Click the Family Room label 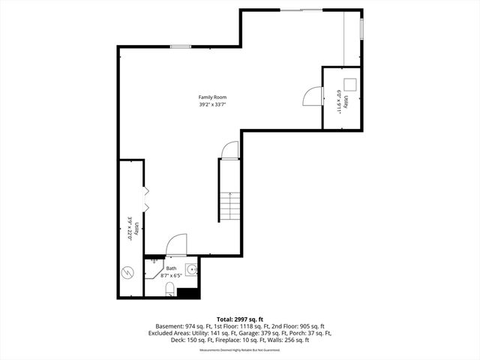coord(212,97)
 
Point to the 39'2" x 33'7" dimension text coord(212,105)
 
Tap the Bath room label coord(172,268)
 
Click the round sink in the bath coord(192,269)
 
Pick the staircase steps coord(229,205)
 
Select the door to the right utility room coord(311,97)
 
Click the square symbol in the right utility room coord(350,84)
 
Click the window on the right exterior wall coord(361,28)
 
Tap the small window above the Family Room coord(179,47)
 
